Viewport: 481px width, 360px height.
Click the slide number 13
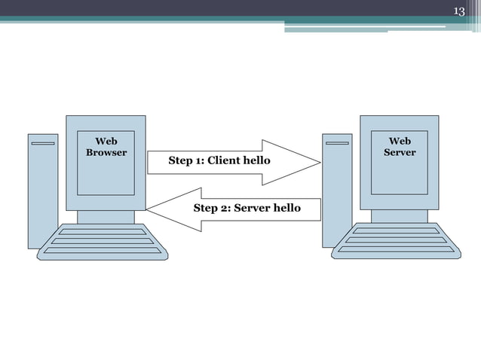pos(458,10)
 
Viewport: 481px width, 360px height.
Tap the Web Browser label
pos(106,147)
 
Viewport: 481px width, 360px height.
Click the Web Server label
pos(400,147)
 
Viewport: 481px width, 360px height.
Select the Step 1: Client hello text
pos(219,160)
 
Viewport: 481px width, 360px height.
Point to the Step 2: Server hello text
pos(247,208)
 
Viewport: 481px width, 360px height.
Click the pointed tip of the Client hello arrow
pos(319,162)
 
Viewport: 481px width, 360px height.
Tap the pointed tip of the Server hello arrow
pos(148,209)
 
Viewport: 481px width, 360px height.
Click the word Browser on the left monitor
pos(106,153)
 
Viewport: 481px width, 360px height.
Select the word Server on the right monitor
pos(400,153)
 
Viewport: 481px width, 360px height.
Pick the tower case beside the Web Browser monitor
pos(43,192)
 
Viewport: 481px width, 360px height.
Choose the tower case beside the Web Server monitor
pos(337,192)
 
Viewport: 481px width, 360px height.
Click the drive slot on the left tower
pos(43,142)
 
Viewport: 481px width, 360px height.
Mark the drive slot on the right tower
pos(337,142)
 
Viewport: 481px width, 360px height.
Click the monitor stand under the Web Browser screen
pos(106,217)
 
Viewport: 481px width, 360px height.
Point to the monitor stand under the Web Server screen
pos(399,217)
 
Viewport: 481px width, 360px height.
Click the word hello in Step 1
pos(256,160)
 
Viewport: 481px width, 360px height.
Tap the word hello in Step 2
pos(285,208)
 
